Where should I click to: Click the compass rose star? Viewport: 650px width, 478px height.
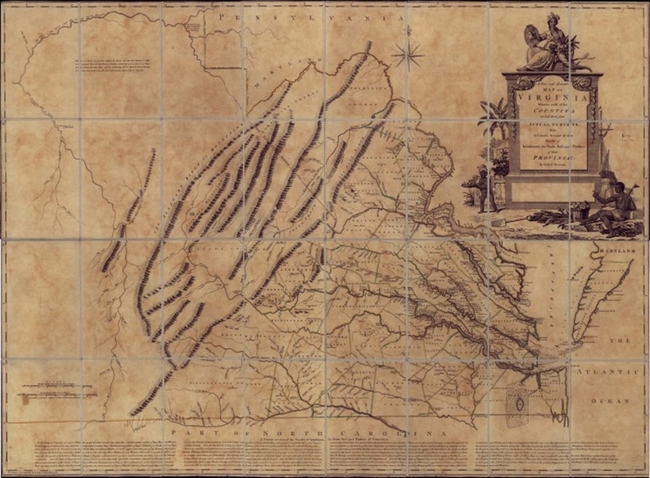click(407, 55)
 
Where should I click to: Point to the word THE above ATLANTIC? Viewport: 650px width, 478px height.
click(625, 340)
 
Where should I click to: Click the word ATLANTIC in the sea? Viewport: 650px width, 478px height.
click(621, 374)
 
